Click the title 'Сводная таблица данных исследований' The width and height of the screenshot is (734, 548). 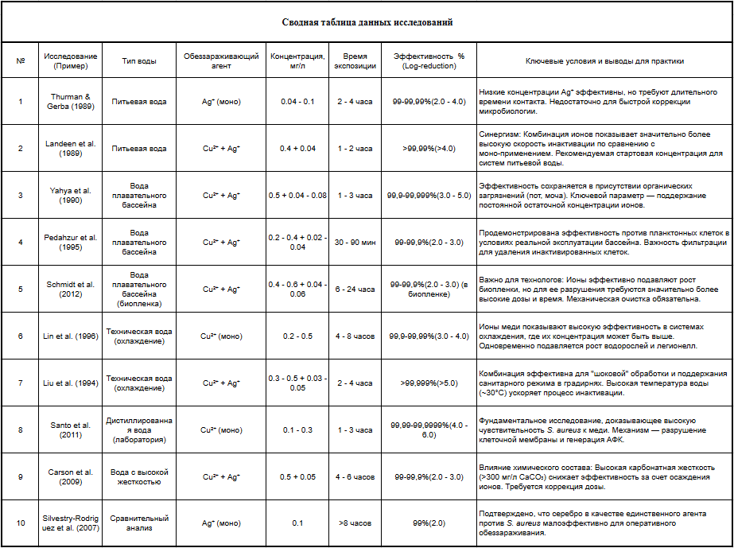(x=367, y=22)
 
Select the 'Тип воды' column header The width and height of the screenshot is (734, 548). (x=139, y=61)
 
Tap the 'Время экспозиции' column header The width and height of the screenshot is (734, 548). (x=355, y=61)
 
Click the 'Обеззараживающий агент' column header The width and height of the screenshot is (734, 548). (x=221, y=61)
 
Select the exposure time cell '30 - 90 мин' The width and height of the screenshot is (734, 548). (x=355, y=243)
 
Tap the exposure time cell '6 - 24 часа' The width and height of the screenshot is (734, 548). (x=355, y=290)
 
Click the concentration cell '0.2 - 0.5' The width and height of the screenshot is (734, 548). (x=297, y=336)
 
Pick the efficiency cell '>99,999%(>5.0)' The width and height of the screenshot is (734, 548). (x=429, y=383)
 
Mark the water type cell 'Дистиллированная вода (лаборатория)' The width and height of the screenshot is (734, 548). (x=139, y=430)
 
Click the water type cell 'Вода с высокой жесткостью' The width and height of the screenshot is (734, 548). (x=139, y=477)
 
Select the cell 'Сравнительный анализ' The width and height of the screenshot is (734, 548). (x=139, y=523)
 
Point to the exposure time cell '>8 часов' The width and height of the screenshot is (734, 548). (x=355, y=523)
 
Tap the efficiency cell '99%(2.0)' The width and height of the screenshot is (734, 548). (x=429, y=523)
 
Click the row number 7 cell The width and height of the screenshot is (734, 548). (x=21, y=383)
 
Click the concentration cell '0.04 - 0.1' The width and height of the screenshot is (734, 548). (x=297, y=102)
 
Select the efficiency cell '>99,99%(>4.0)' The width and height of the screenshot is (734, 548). (x=429, y=149)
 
